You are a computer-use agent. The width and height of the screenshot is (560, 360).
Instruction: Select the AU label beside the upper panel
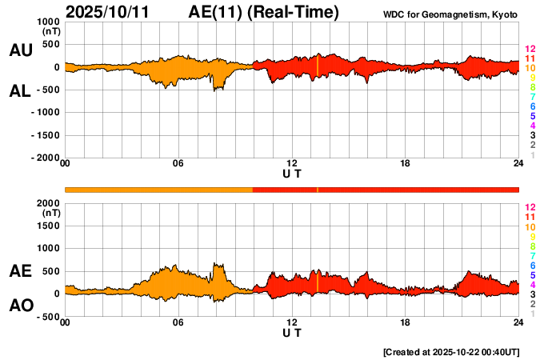20,50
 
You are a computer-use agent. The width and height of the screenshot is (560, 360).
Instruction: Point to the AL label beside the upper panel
20,91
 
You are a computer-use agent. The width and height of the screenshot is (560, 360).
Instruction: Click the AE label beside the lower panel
20,272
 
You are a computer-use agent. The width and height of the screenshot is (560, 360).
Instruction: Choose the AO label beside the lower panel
20,306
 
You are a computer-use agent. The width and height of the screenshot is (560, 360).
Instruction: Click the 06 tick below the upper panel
178,164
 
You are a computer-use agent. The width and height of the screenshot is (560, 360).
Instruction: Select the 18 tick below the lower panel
406,322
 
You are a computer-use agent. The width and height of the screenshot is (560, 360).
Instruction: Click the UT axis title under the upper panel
292,173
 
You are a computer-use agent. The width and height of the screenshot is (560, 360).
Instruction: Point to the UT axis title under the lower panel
292,332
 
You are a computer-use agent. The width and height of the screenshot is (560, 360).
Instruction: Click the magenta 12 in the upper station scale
530,50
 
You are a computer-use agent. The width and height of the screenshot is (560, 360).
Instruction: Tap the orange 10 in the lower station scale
530,227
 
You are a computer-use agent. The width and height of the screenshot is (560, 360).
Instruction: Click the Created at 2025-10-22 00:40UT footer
451,352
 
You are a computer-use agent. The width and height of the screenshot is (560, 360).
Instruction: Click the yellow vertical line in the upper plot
318,66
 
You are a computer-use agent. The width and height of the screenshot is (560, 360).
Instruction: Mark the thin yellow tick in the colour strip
318,189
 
